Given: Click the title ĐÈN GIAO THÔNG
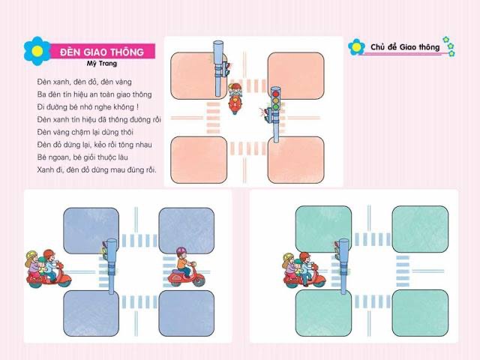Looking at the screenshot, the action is [x=102, y=52].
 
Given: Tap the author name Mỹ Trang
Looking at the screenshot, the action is [x=102, y=64].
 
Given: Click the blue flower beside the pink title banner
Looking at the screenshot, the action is [x=37, y=51].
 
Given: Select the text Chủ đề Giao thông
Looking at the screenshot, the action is [x=405, y=47].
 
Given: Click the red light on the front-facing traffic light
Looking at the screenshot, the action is [x=276, y=94].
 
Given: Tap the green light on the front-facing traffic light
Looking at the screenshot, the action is [x=276, y=107].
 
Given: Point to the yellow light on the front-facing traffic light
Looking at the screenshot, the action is [x=276, y=100].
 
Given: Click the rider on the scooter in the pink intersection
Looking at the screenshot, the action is [x=235, y=91].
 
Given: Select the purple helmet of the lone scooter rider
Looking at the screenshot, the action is [x=181, y=252].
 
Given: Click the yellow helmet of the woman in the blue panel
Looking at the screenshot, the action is [x=31, y=255].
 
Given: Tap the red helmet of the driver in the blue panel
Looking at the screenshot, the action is [x=48, y=253].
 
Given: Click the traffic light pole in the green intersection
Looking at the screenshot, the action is [x=344, y=266].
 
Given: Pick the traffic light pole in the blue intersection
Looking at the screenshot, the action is [x=112, y=266].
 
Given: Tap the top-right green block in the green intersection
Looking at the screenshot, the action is [x=420, y=229].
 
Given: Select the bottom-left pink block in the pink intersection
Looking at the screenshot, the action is [x=199, y=160].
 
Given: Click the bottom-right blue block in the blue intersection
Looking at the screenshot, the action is [x=187, y=313].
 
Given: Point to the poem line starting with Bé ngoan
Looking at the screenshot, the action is [x=82, y=157].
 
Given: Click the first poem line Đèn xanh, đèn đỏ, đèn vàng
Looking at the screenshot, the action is [x=85, y=82].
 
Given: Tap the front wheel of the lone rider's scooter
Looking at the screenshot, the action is [x=199, y=280].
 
